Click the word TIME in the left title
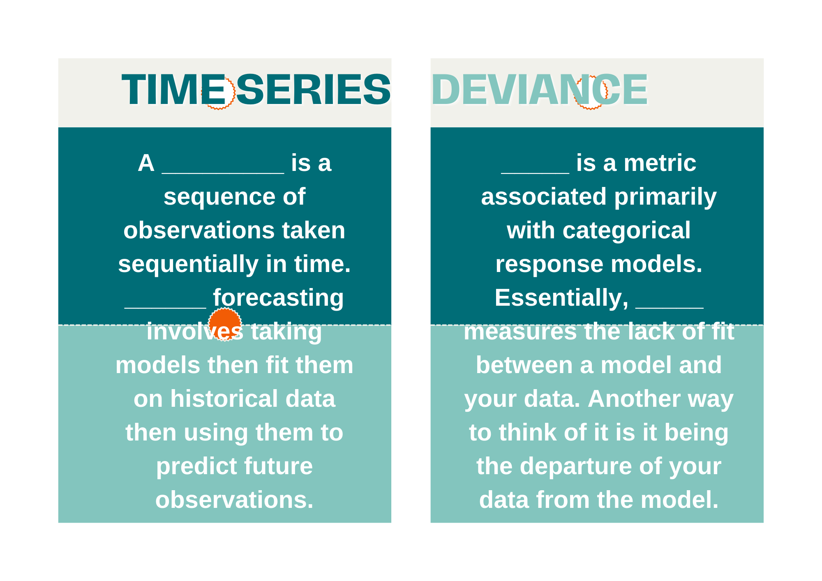pyautogui.click(x=174, y=90)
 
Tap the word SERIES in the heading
pyautogui.click(x=313, y=90)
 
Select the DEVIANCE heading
pyautogui.click(x=540, y=90)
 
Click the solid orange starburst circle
pyautogui.click(x=225, y=324)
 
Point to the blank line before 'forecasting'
pyautogui.click(x=165, y=307)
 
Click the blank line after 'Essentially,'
pyautogui.click(x=670, y=307)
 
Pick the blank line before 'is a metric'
pyautogui.click(x=535, y=173)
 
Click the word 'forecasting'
pyautogui.click(x=278, y=298)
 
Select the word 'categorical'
pyautogui.click(x=626, y=231)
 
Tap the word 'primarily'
pyautogui.click(x=665, y=197)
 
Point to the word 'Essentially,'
pyautogui.click(x=561, y=298)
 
